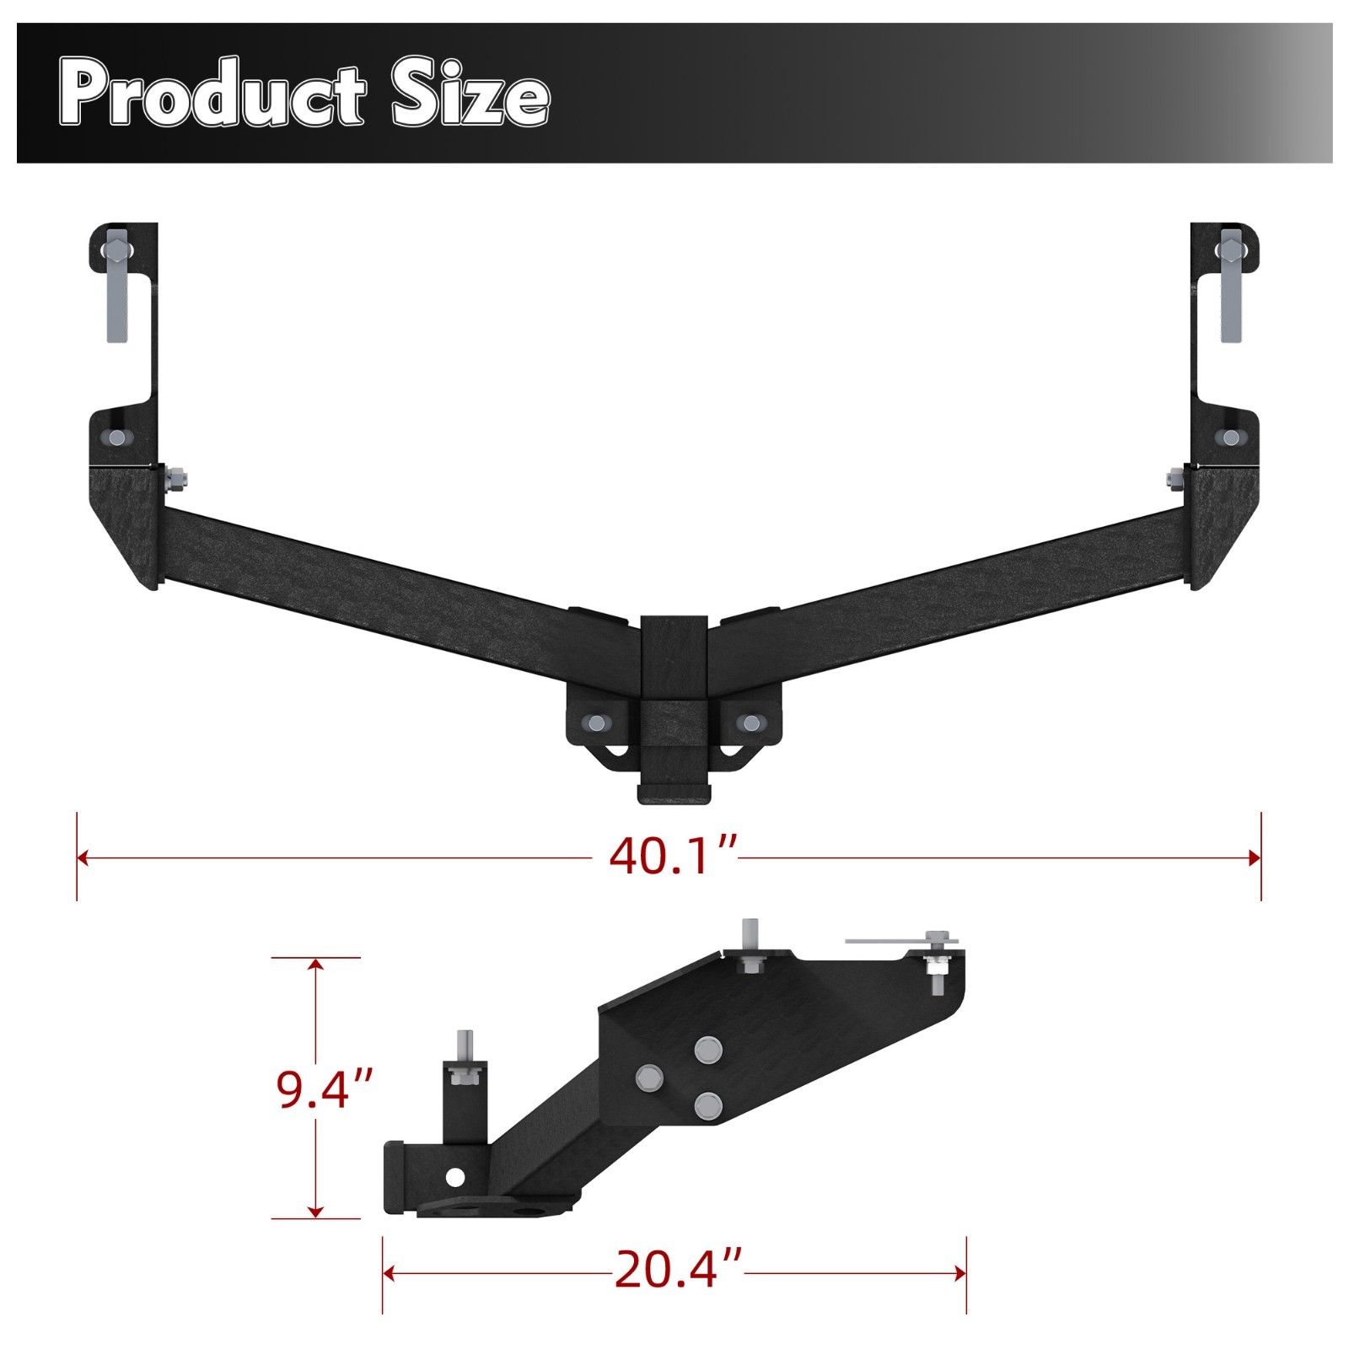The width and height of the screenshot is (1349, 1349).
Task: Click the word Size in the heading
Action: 470,94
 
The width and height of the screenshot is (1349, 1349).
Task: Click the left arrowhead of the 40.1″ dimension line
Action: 83,858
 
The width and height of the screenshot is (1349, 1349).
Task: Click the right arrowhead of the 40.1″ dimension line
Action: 1255,858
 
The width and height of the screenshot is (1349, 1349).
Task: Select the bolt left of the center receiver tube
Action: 597,723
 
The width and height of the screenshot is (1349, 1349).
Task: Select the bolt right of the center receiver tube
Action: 748,723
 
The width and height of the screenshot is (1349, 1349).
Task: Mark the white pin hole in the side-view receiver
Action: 455,1175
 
